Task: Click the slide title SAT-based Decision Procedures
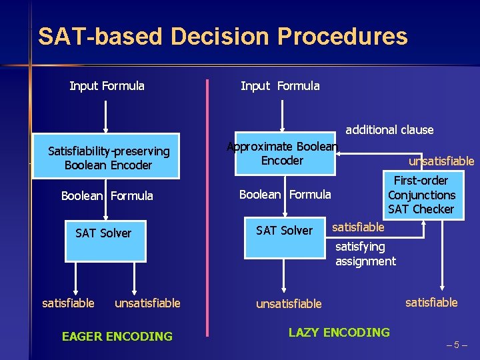[223, 36]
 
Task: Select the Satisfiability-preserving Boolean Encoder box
[107, 159]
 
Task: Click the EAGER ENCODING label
[117, 337]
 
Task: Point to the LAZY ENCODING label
[339, 332]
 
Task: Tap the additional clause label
[389, 130]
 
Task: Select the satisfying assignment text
[365, 254]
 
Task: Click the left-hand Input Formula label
[107, 86]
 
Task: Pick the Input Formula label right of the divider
[279, 86]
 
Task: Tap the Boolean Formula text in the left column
[107, 196]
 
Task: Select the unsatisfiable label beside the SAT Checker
[441, 161]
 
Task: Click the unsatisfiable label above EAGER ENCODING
[147, 303]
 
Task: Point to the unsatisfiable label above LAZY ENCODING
[289, 304]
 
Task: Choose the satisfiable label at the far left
[68, 303]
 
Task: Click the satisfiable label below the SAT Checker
[431, 303]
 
